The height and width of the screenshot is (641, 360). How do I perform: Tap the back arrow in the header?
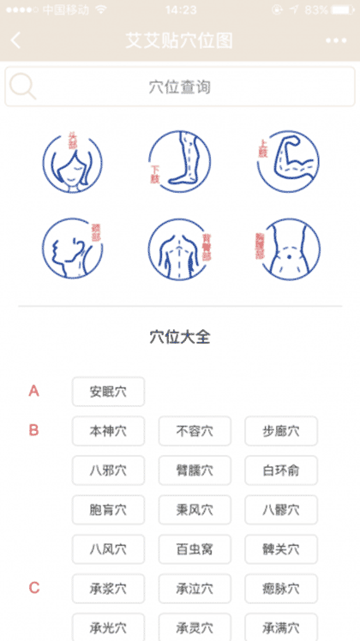point(16,40)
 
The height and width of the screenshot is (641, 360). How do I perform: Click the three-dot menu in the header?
point(337,40)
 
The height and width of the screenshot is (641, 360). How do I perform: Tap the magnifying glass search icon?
point(23,87)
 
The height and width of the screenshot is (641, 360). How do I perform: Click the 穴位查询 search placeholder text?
point(179,87)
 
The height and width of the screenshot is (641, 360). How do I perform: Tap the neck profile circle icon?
point(72,249)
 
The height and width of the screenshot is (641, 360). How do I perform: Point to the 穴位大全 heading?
point(180,337)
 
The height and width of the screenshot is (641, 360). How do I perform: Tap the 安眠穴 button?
point(108,392)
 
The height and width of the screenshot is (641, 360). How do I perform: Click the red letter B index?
point(34,430)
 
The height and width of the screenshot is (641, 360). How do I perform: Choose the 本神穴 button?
point(108,431)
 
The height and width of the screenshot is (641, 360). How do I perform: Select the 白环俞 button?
point(281,470)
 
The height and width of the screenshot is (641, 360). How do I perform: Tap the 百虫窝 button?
point(195,548)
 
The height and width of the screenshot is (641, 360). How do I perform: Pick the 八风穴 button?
point(108,548)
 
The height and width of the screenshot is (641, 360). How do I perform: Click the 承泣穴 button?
point(195,588)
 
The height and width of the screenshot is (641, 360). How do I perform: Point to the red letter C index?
point(34,588)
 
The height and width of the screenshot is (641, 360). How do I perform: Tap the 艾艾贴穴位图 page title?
point(179,40)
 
